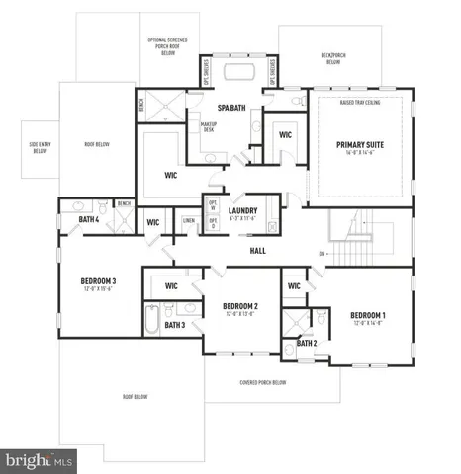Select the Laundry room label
(x=242, y=210)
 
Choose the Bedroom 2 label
(x=240, y=306)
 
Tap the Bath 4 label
(x=89, y=219)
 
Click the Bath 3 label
(x=175, y=325)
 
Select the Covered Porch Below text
(x=263, y=383)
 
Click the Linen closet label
(x=188, y=220)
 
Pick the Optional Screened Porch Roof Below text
(x=168, y=45)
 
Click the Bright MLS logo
(x=40, y=459)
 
